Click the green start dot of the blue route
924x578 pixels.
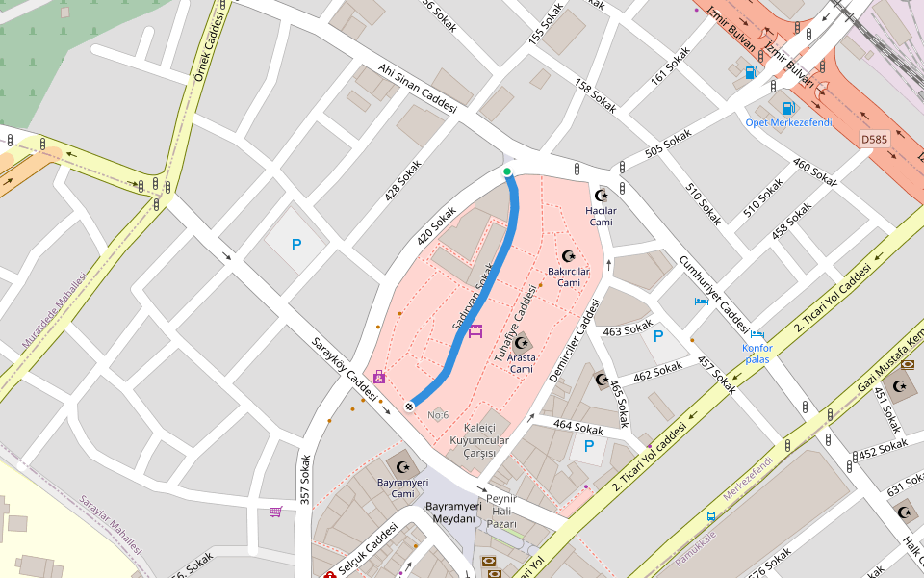507,171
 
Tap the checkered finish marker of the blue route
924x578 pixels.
410,406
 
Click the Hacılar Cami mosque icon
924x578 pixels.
603,195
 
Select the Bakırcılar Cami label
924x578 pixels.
568,277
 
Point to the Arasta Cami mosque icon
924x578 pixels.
522,343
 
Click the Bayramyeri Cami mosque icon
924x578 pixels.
402,467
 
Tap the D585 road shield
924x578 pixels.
875,140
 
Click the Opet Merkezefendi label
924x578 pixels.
787,122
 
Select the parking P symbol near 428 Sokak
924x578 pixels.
296,245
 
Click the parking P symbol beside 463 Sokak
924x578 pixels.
658,336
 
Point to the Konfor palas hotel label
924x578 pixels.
757,353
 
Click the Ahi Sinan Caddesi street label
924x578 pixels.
416,89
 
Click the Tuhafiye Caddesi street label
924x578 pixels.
514,323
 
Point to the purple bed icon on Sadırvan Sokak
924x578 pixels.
475,331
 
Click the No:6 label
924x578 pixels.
438,415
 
